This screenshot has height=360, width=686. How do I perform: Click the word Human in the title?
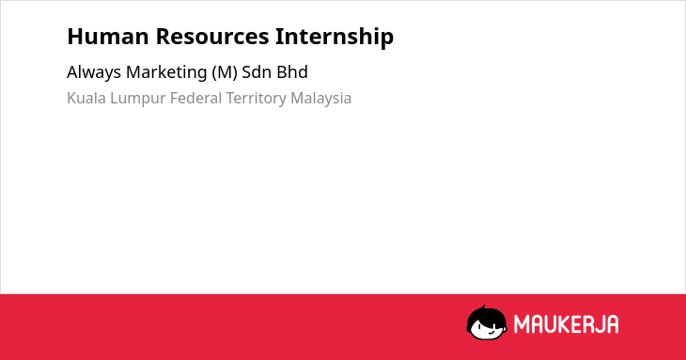coord(108,37)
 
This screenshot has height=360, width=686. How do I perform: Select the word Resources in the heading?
coord(212,37)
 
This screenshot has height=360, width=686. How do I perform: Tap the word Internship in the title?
coord(335,38)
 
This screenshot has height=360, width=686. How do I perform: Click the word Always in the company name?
coord(94,72)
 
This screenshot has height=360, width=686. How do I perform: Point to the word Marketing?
coord(166,72)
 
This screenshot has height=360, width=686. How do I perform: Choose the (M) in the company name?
coord(225,72)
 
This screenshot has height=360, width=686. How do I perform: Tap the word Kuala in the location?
coord(86,98)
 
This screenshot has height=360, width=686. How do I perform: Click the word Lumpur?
coord(138,99)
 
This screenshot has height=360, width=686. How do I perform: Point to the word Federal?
coord(196,98)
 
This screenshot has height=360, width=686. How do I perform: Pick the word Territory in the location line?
coord(256,99)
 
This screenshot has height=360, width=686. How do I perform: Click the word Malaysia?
coord(321,99)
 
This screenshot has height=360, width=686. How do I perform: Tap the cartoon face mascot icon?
coord(487,322)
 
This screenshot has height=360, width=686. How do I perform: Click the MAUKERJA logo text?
coord(566,324)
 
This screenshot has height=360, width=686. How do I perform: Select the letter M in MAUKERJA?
coord(522,324)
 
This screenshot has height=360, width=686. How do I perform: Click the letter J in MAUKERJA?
coord(597,324)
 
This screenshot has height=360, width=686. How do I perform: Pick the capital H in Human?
coord(75,37)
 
